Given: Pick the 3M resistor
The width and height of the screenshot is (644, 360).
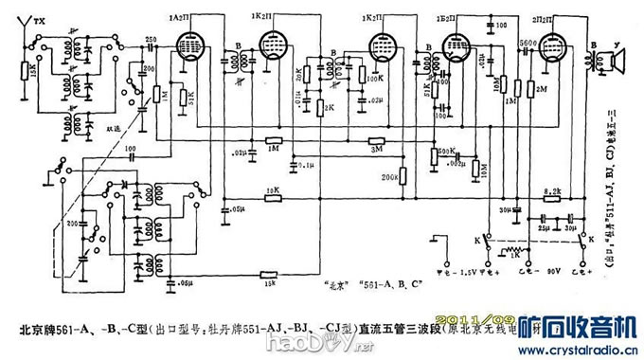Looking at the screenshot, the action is [x=376, y=144].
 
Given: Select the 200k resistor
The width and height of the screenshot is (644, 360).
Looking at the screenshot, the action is [x=403, y=174].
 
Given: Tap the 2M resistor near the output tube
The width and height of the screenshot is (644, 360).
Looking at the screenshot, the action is [x=528, y=91].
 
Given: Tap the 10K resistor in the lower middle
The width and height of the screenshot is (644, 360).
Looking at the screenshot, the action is [x=273, y=195].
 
